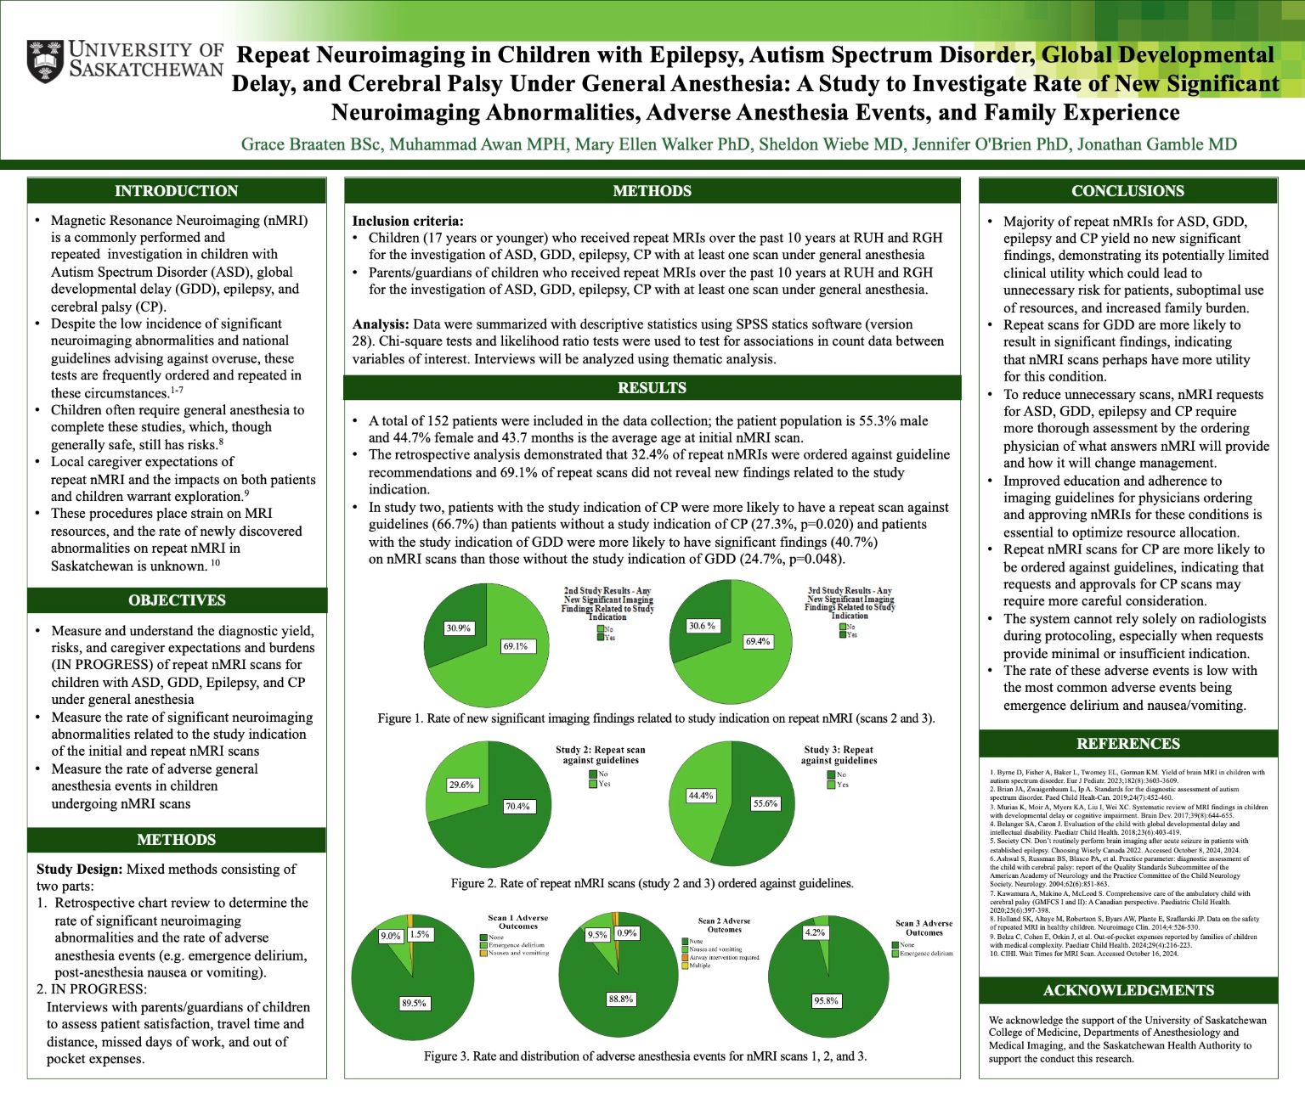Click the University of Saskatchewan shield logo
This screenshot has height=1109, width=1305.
pos(45,60)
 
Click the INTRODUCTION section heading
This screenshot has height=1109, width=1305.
pos(177,191)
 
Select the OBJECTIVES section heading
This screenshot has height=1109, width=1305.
pos(177,600)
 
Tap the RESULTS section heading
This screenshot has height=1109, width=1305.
pos(652,388)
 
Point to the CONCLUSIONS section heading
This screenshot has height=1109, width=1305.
pos(1127,191)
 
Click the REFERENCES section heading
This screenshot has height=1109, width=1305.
pos(1127,744)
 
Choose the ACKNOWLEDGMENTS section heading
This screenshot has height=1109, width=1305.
pos(1127,990)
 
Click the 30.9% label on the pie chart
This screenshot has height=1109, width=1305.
pos(458,628)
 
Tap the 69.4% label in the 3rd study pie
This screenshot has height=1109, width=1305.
pos(757,641)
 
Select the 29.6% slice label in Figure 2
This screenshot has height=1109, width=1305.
pos(460,785)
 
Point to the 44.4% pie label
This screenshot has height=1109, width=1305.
pos(700,796)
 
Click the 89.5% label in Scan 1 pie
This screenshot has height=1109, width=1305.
pos(414,1003)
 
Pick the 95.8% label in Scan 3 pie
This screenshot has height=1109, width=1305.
pos(826,1000)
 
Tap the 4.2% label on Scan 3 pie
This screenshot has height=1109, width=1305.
pos(814,932)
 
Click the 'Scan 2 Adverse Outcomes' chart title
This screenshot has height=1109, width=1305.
pos(724,925)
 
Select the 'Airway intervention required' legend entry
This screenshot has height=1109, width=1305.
pos(724,957)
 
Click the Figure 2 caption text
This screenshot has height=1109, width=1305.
pos(652,883)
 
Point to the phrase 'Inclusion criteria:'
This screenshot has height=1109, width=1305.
pos(408,221)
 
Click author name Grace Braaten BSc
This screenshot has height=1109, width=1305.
pos(312,144)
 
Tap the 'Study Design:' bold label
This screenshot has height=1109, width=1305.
pos(80,869)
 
